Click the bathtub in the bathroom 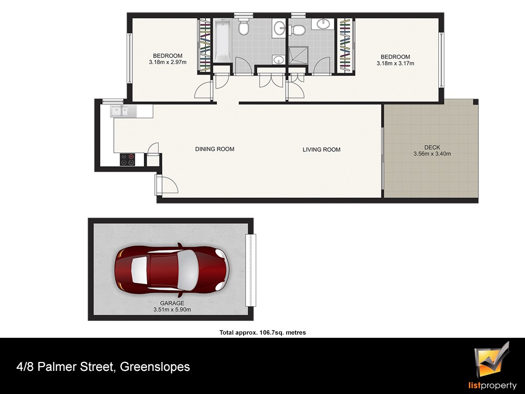pos(222,40)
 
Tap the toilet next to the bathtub pos(244,27)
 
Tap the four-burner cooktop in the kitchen pos(128,159)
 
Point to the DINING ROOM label pos(215,149)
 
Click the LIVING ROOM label pos(321,150)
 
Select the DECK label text pos(432,148)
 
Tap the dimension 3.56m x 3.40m pos(432,154)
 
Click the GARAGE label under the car pos(172,303)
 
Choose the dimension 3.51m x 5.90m pos(172,309)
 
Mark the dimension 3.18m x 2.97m pos(168,62)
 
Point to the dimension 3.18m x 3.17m pos(395,64)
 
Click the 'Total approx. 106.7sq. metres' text pos(262,333)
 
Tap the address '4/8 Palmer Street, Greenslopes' pos(103,367)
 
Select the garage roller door pos(250,270)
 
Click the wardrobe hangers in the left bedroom pos(205,45)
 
